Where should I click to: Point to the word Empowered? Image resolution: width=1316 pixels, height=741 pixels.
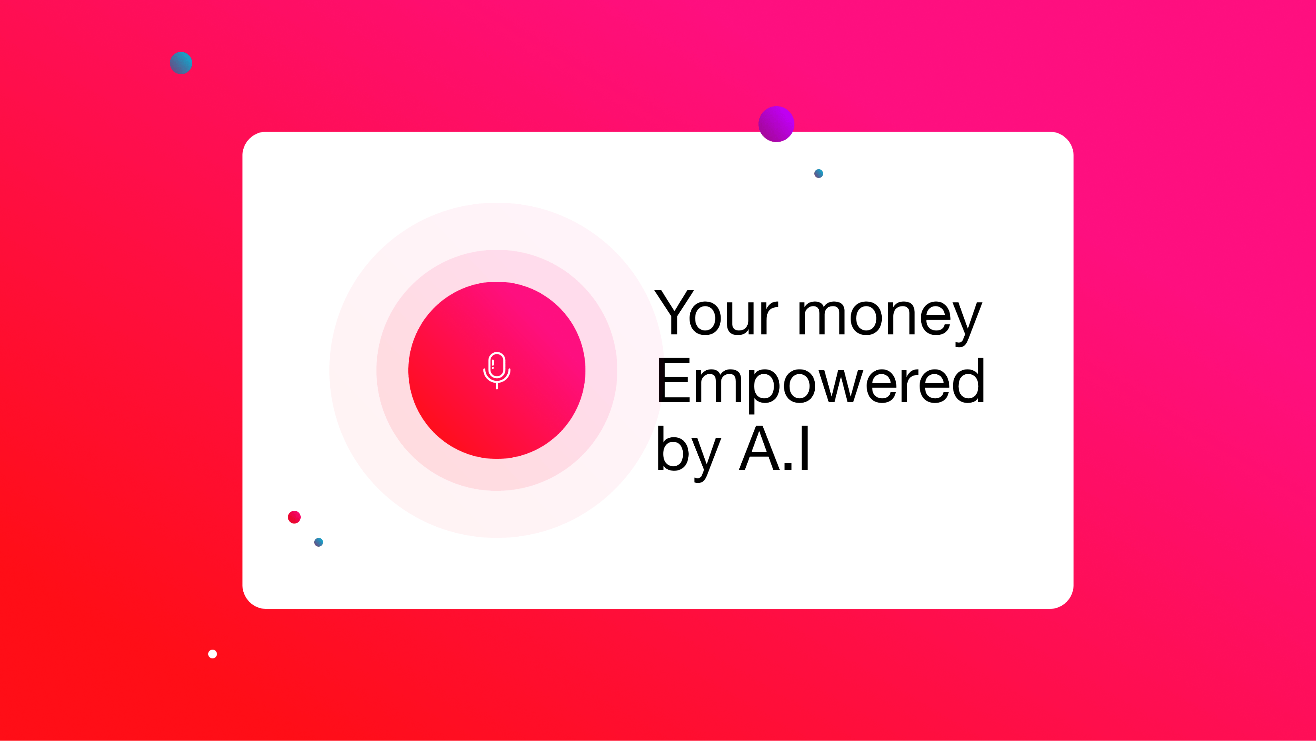pyautogui.click(x=820, y=381)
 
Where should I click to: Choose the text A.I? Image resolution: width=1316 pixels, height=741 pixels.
pyautogui.click(x=774, y=448)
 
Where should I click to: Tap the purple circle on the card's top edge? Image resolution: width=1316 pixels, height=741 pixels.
pyautogui.click(x=776, y=124)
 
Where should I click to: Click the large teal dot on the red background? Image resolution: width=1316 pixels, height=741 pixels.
pyautogui.click(x=181, y=63)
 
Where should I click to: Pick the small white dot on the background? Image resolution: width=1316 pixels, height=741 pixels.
pyautogui.click(x=213, y=654)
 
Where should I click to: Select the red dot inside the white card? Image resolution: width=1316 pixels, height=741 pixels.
pyautogui.click(x=294, y=517)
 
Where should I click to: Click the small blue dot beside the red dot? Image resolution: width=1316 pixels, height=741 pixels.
pyautogui.click(x=318, y=542)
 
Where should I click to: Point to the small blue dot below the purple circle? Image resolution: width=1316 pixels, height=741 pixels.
pyautogui.click(x=818, y=174)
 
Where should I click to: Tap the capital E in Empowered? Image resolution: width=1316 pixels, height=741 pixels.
pyautogui.click(x=673, y=380)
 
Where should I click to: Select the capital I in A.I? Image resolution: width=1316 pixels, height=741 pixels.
pyautogui.click(x=805, y=448)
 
